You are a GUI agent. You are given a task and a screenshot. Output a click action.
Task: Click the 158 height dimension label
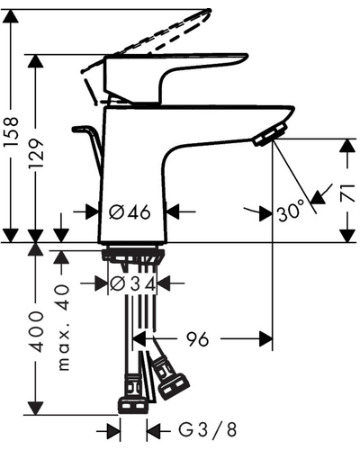pos(11,131)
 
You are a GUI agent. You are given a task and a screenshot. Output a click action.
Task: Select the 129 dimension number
pos(36,153)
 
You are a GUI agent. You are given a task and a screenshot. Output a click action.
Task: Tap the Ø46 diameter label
pos(130,212)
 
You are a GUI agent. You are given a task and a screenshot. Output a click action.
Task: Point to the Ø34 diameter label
pos(133,283)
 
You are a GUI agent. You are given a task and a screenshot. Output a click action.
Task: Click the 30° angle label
pos(291,212)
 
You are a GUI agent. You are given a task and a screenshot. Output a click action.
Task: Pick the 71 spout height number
pos(347,193)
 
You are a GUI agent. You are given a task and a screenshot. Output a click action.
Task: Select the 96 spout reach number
pos(198,339)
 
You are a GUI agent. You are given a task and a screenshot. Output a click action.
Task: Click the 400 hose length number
pos(36,332)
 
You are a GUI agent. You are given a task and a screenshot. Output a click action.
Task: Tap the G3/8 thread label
pos(208,429)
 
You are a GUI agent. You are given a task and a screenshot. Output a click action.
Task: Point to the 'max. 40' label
pos(62,328)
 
